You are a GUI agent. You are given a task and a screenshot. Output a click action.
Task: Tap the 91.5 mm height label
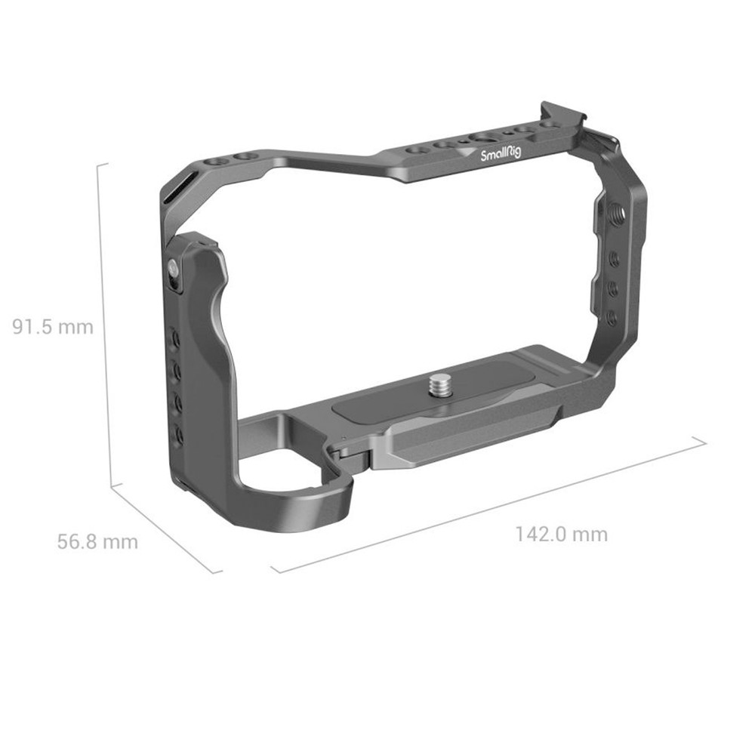pos(53,327)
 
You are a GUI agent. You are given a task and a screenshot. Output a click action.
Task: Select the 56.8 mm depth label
pos(97,541)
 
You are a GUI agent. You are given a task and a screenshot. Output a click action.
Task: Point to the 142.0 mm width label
pos(561,535)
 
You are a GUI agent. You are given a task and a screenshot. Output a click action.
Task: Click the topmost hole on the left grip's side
pos(175,337)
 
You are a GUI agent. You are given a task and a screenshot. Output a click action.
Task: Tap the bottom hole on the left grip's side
pos(180,434)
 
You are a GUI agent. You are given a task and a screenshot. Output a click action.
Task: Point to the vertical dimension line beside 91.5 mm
pos(110,325)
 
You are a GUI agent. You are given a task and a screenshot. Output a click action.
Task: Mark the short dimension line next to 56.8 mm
pos(168,528)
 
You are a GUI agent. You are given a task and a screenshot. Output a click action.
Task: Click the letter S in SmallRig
pos(485,157)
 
